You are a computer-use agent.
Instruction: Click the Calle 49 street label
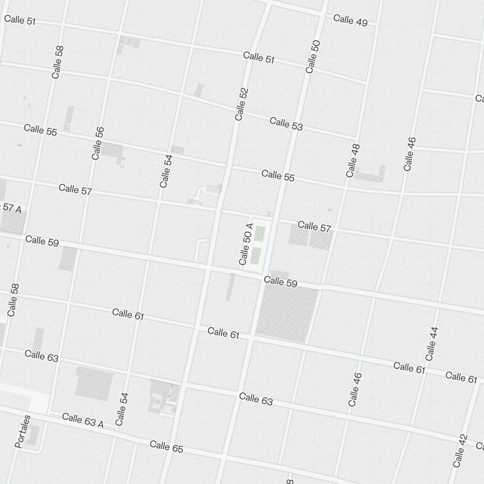click(350, 20)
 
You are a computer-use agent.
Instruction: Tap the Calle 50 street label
click(313, 57)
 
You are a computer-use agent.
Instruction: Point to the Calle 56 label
click(98, 143)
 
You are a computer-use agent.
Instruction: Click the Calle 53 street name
click(286, 123)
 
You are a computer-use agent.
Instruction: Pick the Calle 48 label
click(353, 160)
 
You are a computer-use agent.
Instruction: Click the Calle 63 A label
click(83, 420)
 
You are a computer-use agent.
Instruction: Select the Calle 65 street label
click(166, 446)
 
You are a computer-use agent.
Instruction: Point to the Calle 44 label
click(432, 344)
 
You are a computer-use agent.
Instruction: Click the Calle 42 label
click(460, 451)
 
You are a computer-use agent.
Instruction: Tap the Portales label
click(23, 431)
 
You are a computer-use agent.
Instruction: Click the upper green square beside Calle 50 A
click(260, 233)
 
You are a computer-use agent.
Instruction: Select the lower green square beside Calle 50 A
click(257, 256)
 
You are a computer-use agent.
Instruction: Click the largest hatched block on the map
click(287, 312)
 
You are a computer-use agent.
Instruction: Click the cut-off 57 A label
click(12, 208)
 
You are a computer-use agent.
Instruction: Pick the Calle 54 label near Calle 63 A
click(122, 409)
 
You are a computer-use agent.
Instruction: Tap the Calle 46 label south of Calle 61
click(354, 389)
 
